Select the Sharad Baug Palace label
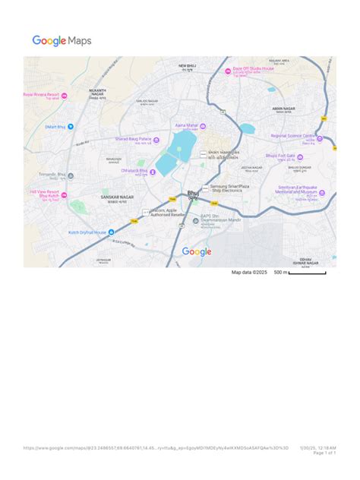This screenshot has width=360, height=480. click(x=133, y=140)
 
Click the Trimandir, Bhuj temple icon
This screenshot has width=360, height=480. click(x=71, y=176)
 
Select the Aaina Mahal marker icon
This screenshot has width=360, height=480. click(x=203, y=126)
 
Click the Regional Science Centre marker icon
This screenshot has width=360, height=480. click(x=320, y=138)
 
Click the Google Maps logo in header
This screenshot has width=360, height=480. click(x=62, y=41)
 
